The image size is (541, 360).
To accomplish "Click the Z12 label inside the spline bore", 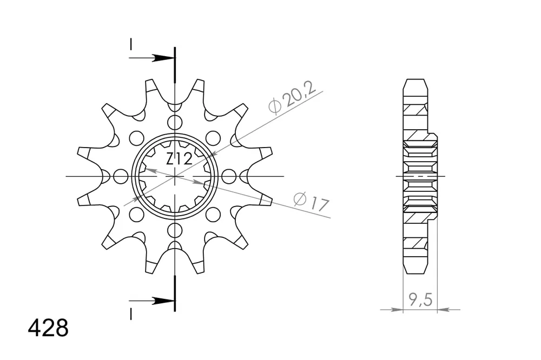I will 179,159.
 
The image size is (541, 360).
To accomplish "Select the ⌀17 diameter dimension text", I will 312,202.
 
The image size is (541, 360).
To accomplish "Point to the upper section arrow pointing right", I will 160,58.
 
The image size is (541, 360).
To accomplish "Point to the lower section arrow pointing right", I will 160,301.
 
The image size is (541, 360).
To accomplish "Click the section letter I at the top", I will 130,44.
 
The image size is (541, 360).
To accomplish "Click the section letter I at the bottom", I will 130,314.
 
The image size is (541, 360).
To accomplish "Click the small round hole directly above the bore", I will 175,122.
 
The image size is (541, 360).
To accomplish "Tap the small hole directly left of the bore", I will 121,176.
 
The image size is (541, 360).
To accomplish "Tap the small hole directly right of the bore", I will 229,176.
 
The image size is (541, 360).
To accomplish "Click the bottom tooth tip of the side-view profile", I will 415,271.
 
